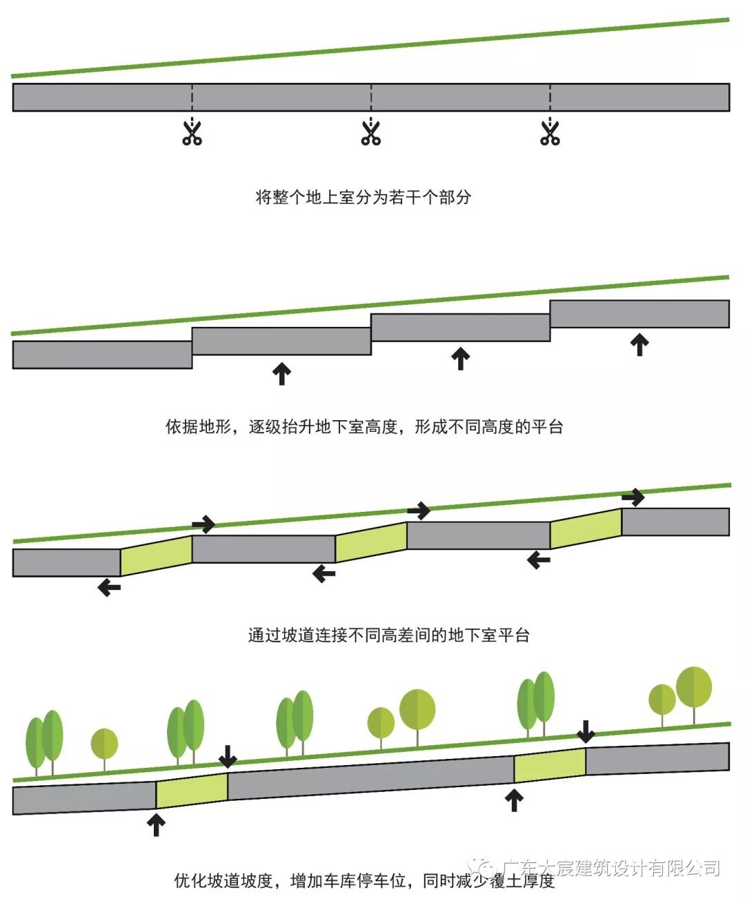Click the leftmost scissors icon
coord(192,132)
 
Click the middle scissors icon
coord(371,132)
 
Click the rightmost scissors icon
coord(550,132)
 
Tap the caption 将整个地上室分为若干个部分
coord(364,197)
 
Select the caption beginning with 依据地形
coord(364,427)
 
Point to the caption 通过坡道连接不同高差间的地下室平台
coord(388,635)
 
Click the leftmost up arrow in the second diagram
coord(281,373)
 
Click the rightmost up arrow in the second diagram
coord(640,344)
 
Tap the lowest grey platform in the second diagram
coord(102,355)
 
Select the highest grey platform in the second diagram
coord(639,314)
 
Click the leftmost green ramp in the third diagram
coord(157,555)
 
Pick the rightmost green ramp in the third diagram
coord(586,528)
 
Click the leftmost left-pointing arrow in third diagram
coord(109,588)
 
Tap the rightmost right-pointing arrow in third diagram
coord(633,497)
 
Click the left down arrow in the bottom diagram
coord(228,757)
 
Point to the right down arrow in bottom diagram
coord(586,732)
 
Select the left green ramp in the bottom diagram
coord(192,791)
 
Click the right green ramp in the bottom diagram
coord(550,765)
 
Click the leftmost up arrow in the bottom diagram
coord(157,825)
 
